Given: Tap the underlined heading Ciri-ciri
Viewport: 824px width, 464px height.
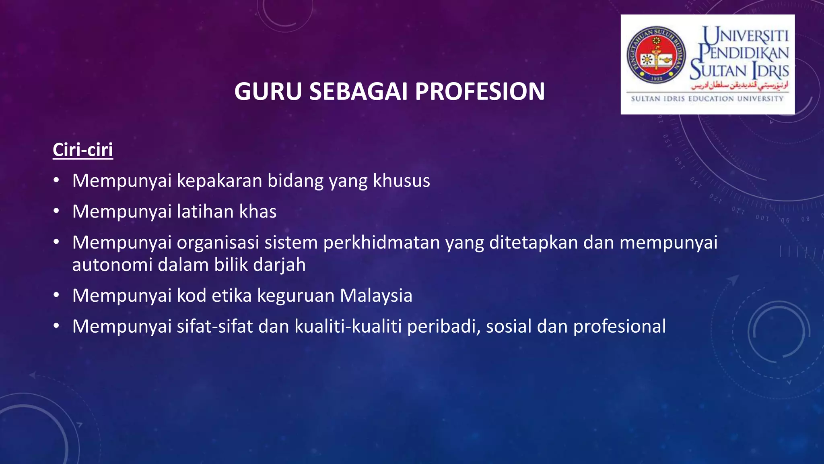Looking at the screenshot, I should (x=83, y=150).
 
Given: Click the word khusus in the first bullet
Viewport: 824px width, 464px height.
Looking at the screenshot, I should (x=401, y=180).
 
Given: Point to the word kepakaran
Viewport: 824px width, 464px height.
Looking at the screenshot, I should (x=220, y=181).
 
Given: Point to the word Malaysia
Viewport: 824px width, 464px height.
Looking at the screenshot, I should (x=376, y=296).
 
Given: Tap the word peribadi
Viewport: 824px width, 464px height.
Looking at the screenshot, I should (x=443, y=327).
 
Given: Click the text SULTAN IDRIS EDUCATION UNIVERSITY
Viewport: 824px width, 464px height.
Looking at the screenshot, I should (x=707, y=99).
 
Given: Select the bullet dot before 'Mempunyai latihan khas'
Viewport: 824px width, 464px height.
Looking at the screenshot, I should (x=56, y=211).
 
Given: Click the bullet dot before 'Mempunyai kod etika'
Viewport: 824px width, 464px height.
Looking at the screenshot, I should (x=56, y=295).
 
